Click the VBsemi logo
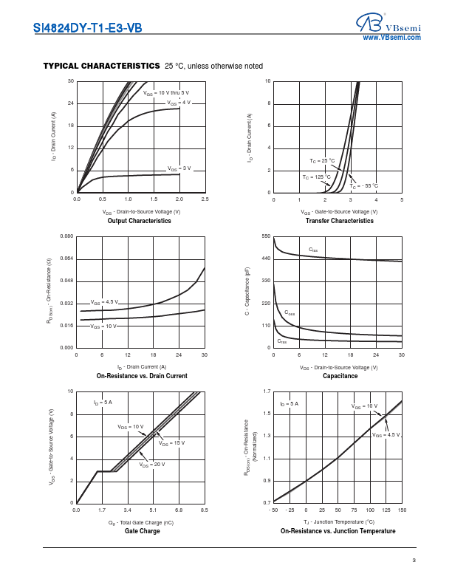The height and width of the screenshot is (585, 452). coord(391,24)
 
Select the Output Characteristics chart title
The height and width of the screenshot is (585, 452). coord(140,221)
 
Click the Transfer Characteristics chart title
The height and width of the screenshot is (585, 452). coord(338,221)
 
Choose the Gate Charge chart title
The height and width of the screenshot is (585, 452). coord(140,531)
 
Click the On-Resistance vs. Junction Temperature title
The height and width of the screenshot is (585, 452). coord(338,531)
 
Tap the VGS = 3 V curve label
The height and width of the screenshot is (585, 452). coord(179,168)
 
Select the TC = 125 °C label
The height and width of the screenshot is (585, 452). coord(316,177)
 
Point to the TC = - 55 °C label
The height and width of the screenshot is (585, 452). coord(364,185)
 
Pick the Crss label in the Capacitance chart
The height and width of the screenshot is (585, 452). coord(282,341)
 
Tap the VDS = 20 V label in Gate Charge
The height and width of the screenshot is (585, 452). coord(152,464)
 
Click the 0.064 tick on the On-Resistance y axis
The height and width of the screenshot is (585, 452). coord(66,259)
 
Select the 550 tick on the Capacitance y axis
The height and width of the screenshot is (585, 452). coord(266,236)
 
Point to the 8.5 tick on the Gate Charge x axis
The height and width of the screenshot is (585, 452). coord(205,510)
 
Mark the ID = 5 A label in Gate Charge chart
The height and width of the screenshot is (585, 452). coord(103,403)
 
